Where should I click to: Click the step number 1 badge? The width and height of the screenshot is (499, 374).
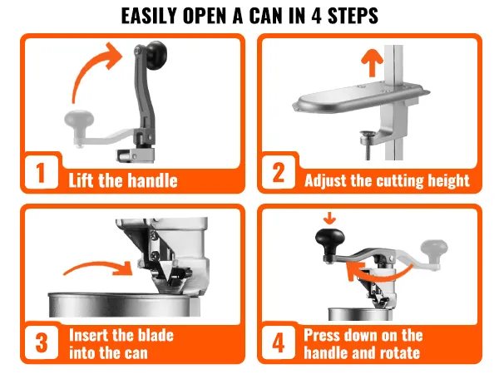[41, 172]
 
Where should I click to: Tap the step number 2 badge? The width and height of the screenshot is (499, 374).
[279, 172]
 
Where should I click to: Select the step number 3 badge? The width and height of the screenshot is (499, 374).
[42, 342]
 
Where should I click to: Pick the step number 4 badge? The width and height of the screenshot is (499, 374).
[279, 342]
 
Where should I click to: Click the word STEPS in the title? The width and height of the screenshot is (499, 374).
[353, 16]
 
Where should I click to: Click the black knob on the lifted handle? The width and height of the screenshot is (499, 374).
[157, 56]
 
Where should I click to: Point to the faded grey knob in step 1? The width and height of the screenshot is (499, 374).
[79, 121]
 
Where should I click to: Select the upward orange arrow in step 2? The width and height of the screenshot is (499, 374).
[372, 63]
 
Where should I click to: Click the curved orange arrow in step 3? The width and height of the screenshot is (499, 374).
[99, 266]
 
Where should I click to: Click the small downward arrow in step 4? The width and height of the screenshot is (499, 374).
[329, 219]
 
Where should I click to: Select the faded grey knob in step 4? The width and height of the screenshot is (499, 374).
[434, 249]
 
